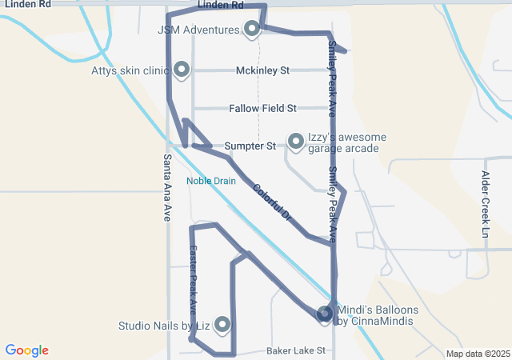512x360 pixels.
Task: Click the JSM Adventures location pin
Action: point(252,30)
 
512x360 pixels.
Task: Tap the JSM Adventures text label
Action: point(199,30)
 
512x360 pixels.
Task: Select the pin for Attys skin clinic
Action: point(182,70)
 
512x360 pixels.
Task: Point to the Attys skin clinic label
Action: point(130,70)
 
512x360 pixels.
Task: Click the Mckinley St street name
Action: point(262,70)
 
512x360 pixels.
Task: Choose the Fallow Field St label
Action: point(262,108)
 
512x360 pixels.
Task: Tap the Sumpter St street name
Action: point(250,146)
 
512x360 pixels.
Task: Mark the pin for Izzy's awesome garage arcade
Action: point(295,142)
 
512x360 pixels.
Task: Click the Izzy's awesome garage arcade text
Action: point(347,142)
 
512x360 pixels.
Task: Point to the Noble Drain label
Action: point(211,181)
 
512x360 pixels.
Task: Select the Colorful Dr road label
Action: point(273,204)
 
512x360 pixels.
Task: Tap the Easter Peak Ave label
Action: point(193,278)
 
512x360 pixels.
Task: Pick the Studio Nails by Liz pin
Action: point(222,325)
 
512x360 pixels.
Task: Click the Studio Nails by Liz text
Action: point(164,326)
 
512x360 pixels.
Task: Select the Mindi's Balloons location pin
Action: point(325,314)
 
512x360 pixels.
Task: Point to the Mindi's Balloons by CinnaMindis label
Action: point(374,315)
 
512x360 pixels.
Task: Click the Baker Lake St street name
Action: point(296,350)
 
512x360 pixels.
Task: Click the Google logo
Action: point(27,350)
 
